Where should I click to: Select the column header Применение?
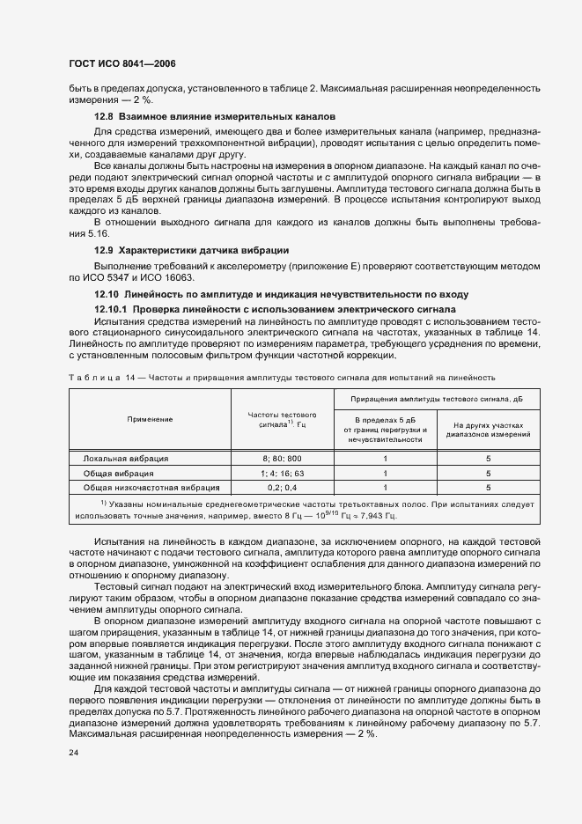pyautogui.click(x=149, y=419)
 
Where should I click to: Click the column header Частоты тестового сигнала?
pyautogui.click(x=282, y=419)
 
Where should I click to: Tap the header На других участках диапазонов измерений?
pyautogui.click(x=488, y=429)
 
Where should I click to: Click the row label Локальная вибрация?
pyautogui.click(x=126, y=459)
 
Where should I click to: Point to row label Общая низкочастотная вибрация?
pyautogui.click(x=151, y=487)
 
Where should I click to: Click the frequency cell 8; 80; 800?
pyautogui.click(x=282, y=459)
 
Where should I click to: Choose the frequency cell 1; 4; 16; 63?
pyautogui.click(x=282, y=473)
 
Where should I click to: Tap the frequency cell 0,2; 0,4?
pyautogui.click(x=282, y=487)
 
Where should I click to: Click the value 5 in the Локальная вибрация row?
pyautogui.click(x=488, y=459)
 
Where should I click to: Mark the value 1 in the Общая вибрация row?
pyautogui.click(x=385, y=473)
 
